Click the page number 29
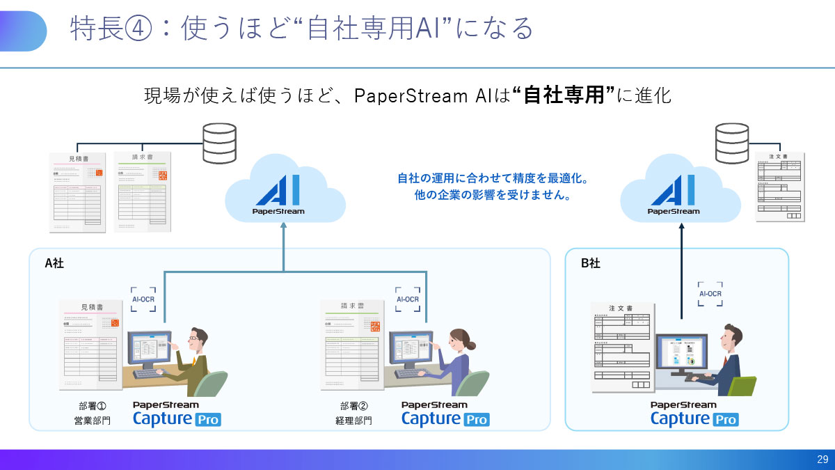click(822, 460)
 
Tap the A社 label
click(54, 263)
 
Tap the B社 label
click(590, 263)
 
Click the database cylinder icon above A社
click(218, 143)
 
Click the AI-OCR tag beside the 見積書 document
click(143, 299)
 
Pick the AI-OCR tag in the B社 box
click(710, 294)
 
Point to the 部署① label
click(93, 406)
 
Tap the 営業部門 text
click(93, 421)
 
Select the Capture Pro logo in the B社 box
click(694, 414)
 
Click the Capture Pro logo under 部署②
click(445, 414)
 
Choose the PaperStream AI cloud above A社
click(285, 189)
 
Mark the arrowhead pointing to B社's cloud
click(683, 226)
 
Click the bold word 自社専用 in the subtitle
click(563, 95)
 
